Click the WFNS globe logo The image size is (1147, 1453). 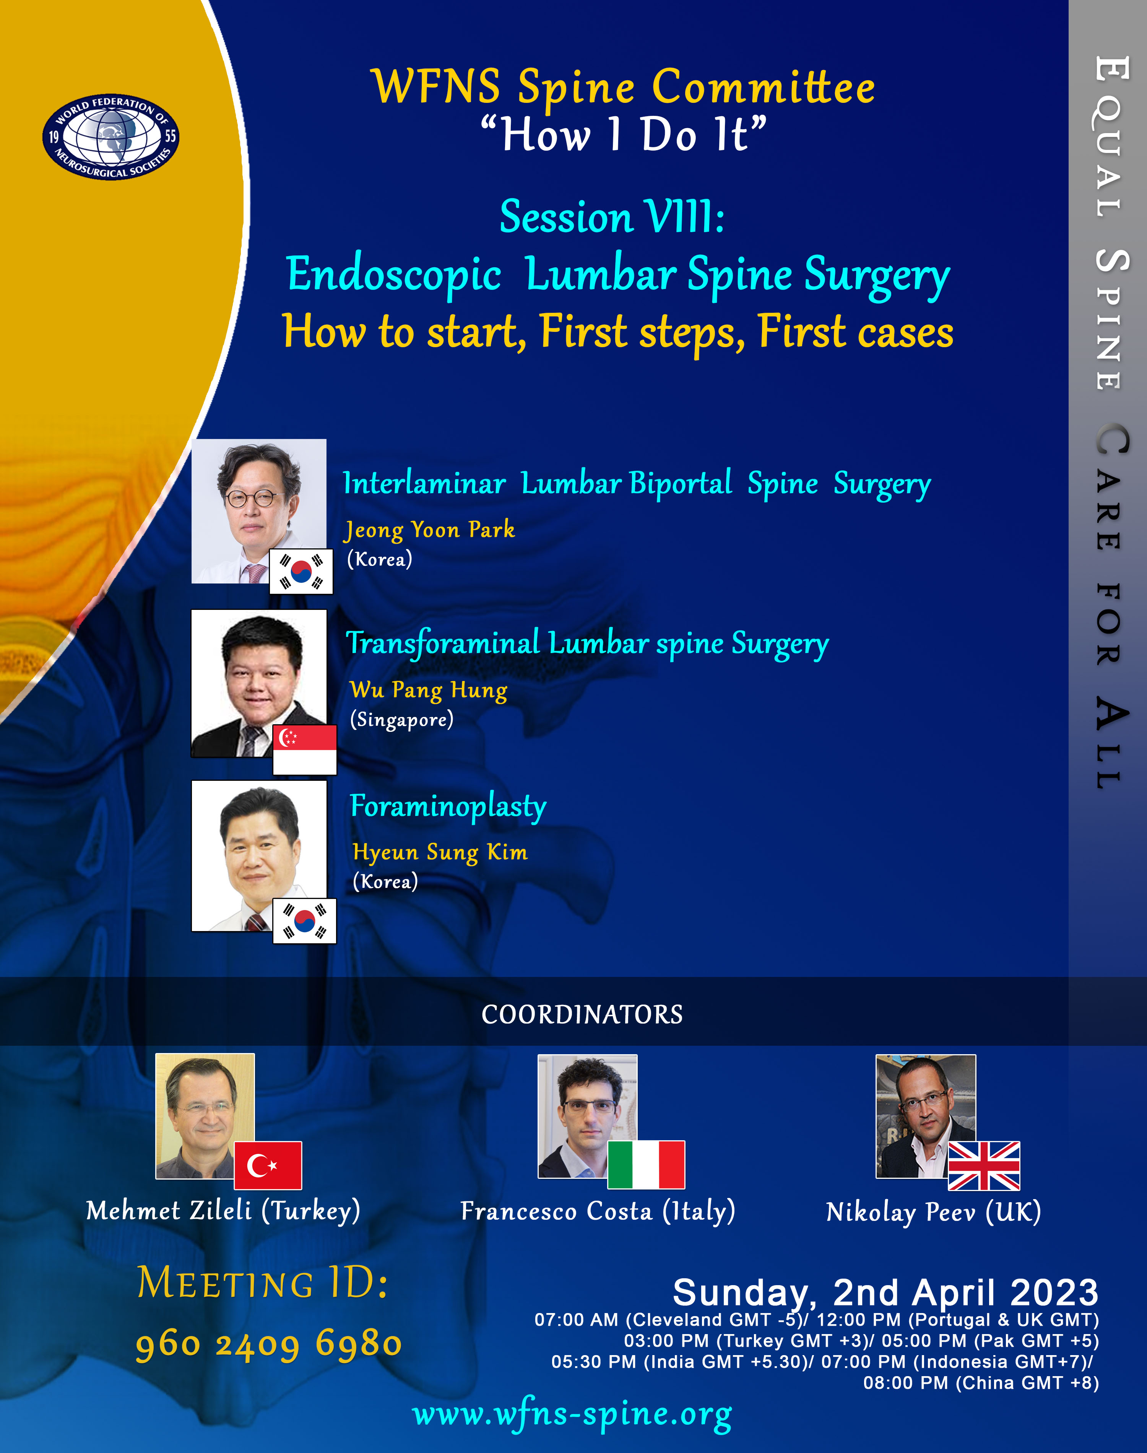pyautogui.click(x=111, y=136)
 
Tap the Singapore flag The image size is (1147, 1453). pyautogui.click(x=304, y=749)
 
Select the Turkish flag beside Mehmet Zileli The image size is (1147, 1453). pyautogui.click(x=268, y=1165)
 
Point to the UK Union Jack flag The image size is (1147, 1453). pyautogui.click(x=984, y=1165)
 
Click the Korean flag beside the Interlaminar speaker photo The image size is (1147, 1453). pyautogui.click(x=301, y=571)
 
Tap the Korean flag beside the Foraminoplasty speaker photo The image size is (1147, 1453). pyautogui.click(x=304, y=920)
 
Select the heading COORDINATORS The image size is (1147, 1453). pyautogui.click(x=582, y=1014)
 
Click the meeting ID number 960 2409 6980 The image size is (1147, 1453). pyautogui.click(x=269, y=1345)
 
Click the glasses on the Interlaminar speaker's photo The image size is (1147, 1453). pyautogui.click(x=250, y=498)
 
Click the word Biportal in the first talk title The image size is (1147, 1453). pyautogui.click(x=680, y=483)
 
